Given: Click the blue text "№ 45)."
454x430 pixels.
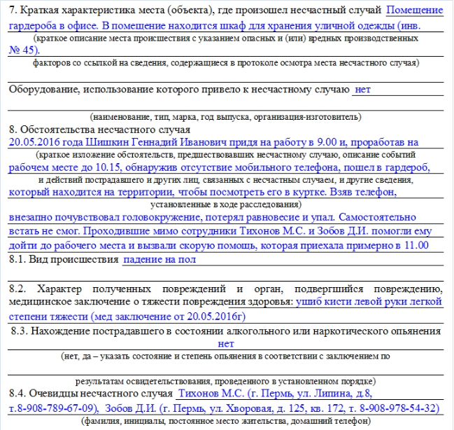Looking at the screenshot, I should coord(25,50).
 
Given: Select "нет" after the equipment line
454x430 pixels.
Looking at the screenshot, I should coord(363,90).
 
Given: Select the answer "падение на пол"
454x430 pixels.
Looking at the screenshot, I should coord(159,259).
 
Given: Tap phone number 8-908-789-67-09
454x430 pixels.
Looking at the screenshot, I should coord(60,408).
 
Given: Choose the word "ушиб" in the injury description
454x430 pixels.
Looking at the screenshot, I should coord(308,303).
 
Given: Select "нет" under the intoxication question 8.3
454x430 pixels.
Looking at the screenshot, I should coord(226,344).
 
